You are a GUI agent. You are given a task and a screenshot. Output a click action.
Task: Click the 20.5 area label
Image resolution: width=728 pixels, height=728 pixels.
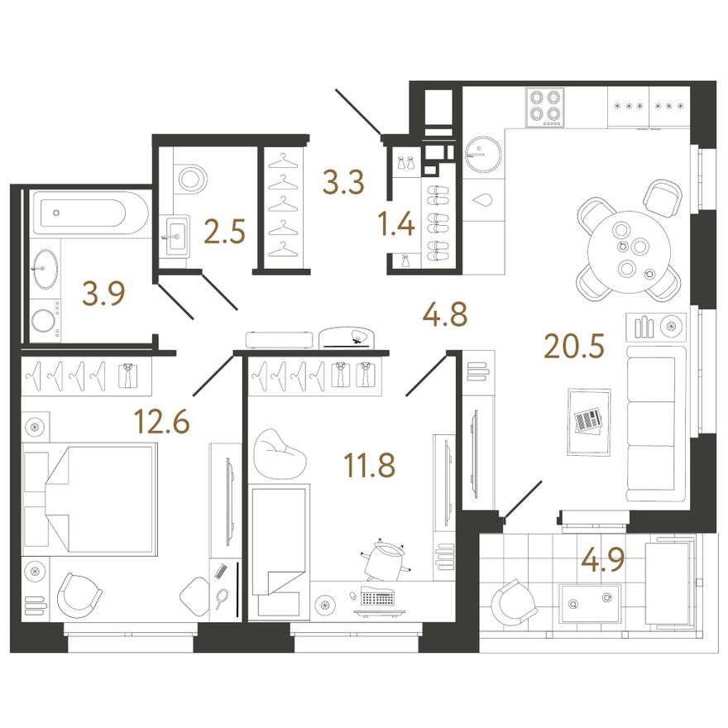coord(574,347)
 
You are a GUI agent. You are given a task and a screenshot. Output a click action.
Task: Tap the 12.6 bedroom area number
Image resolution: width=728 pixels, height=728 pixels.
coord(162,422)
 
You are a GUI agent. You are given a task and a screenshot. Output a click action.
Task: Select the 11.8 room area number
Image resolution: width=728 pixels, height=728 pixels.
coord(370,465)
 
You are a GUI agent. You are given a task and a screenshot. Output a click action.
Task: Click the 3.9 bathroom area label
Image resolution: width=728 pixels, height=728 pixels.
coord(103,294)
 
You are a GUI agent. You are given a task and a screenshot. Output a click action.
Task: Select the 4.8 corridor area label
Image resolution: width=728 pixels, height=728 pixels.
coord(444,315)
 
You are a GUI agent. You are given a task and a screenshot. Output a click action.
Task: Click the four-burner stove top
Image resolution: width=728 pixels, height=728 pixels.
coord(545,108)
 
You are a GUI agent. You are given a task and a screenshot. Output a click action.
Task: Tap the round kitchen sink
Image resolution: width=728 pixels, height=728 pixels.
coord(483,154)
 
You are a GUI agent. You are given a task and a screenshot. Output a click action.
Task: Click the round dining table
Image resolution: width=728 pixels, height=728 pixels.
coord(629,252)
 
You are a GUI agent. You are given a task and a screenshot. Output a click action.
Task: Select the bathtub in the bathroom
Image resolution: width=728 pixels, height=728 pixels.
coord(83,213)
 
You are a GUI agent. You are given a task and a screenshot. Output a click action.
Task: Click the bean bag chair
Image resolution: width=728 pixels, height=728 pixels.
coord(280,453)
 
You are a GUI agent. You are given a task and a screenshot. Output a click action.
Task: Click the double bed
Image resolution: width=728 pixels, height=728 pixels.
coord(89,499)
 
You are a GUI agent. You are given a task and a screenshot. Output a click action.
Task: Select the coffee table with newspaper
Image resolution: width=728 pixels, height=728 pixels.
coord(589,422)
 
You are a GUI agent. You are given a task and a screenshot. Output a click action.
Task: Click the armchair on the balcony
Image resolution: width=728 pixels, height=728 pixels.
coord(514,602)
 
